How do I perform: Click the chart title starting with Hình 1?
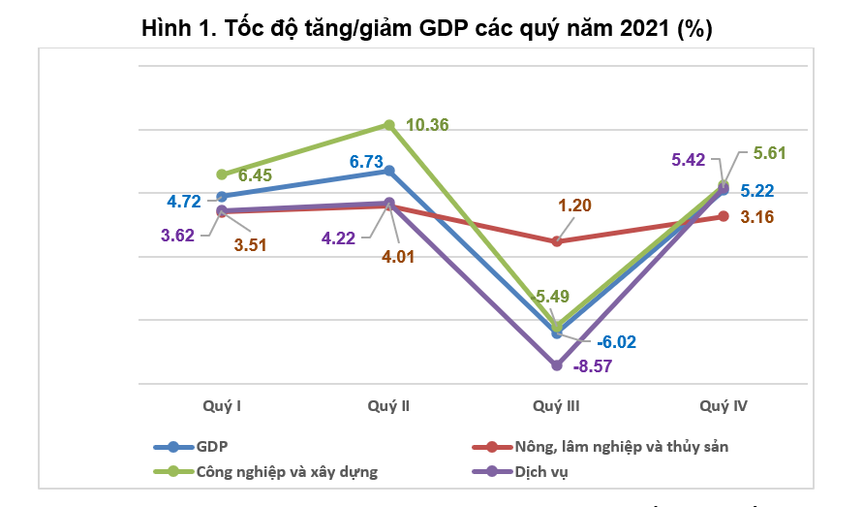coord(427,27)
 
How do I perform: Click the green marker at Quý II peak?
coord(389,124)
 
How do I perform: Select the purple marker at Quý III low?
coord(557,365)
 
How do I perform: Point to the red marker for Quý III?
coord(557,240)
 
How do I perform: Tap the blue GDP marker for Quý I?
coord(222,197)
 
